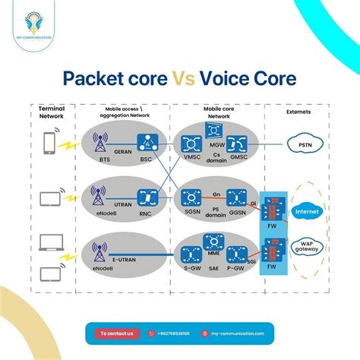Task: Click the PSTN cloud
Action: [x=305, y=144]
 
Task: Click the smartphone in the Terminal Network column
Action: [x=49, y=142]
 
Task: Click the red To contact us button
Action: [x=117, y=333]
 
